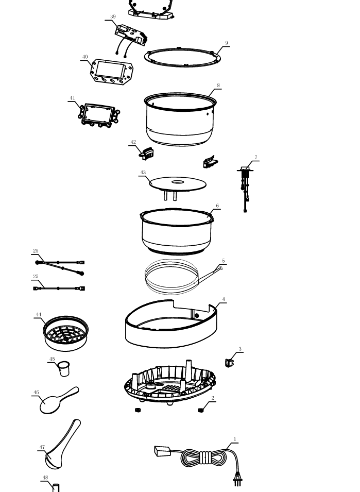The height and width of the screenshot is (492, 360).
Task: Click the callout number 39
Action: pyautogui.click(x=113, y=16)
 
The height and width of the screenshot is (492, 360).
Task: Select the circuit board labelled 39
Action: pyautogui.click(x=131, y=35)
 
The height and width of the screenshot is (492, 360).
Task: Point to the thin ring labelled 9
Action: pyautogui.click(x=183, y=57)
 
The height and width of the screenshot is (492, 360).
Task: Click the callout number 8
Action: pyautogui.click(x=218, y=86)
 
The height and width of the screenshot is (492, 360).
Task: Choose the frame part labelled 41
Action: pyautogui.click(x=99, y=115)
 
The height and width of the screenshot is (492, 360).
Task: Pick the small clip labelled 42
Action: pyautogui.click(x=146, y=154)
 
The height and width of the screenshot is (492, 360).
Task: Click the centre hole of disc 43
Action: pyautogui.click(x=178, y=182)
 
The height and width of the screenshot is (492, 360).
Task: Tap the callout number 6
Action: pyautogui.click(x=217, y=206)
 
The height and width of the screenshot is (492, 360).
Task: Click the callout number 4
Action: pyautogui.click(x=224, y=299)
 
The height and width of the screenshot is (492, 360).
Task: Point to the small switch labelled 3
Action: pyautogui.click(x=230, y=363)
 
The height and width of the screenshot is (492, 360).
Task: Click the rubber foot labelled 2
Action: pyautogui.click(x=201, y=410)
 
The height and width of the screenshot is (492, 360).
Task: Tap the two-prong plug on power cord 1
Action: pyautogui.click(x=237, y=479)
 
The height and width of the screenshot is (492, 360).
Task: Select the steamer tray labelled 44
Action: pyautogui.click(x=65, y=333)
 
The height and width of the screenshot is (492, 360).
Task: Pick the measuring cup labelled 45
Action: pyautogui.click(x=64, y=369)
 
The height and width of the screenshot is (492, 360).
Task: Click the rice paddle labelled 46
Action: pyautogui.click(x=59, y=400)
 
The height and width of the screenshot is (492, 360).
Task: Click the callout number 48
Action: pyautogui.click(x=45, y=478)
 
